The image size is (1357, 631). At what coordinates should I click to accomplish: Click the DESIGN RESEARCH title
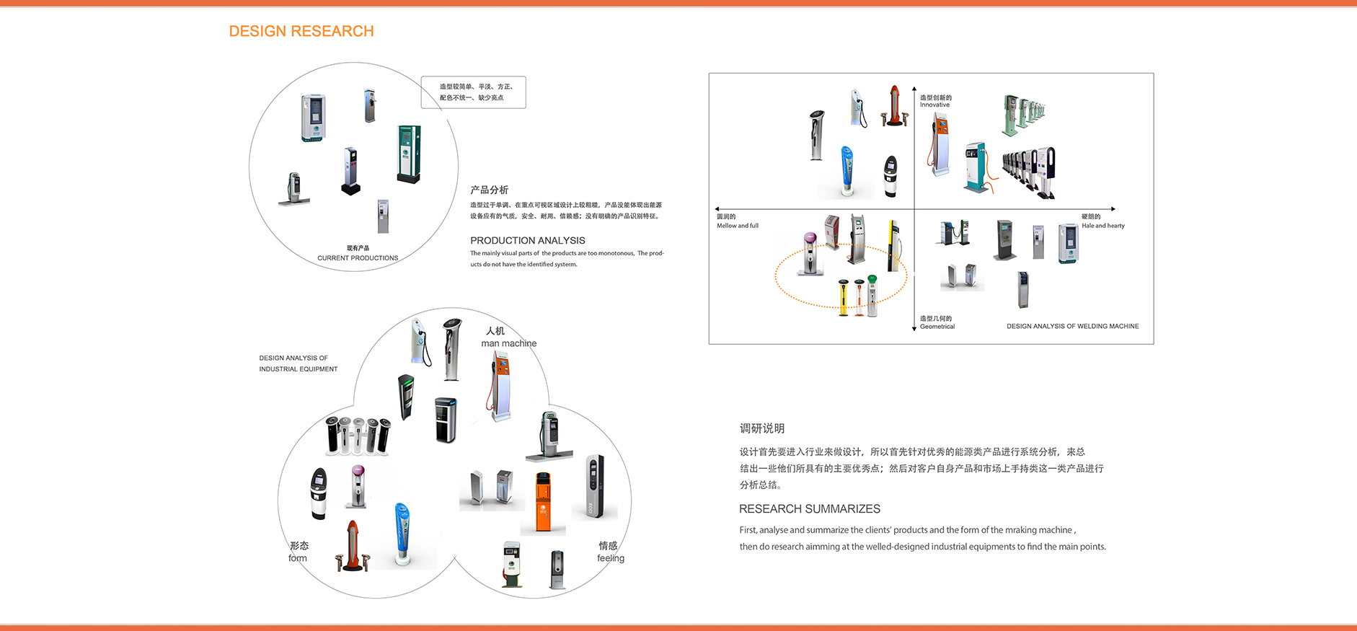click(301, 31)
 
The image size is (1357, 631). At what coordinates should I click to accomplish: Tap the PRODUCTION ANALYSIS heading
click(527, 240)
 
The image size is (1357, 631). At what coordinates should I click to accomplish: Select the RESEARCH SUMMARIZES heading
click(809, 508)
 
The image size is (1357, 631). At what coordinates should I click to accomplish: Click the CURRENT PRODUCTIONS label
click(358, 257)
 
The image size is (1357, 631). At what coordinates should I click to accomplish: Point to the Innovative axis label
click(934, 105)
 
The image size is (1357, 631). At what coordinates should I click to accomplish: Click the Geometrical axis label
click(937, 327)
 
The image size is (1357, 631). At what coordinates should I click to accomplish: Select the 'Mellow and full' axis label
click(737, 226)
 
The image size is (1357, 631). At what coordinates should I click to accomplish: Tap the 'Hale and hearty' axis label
click(1102, 226)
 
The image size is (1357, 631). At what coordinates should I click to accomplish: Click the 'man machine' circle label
click(508, 343)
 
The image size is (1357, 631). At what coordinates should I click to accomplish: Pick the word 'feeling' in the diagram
click(610, 558)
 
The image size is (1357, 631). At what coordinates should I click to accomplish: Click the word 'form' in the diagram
click(297, 558)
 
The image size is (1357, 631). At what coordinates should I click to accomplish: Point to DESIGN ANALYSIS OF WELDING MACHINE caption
click(1072, 326)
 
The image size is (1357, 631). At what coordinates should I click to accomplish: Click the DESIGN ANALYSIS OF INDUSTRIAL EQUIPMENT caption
click(298, 363)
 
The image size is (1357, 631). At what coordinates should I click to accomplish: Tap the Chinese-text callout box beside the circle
click(474, 92)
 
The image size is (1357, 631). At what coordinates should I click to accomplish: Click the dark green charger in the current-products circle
click(408, 154)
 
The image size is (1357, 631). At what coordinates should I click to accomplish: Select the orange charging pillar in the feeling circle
click(543, 503)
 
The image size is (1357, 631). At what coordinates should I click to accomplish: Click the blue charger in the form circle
click(402, 534)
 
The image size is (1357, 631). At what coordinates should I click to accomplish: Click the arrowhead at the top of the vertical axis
click(914, 89)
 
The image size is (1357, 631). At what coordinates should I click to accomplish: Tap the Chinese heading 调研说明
click(761, 428)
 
